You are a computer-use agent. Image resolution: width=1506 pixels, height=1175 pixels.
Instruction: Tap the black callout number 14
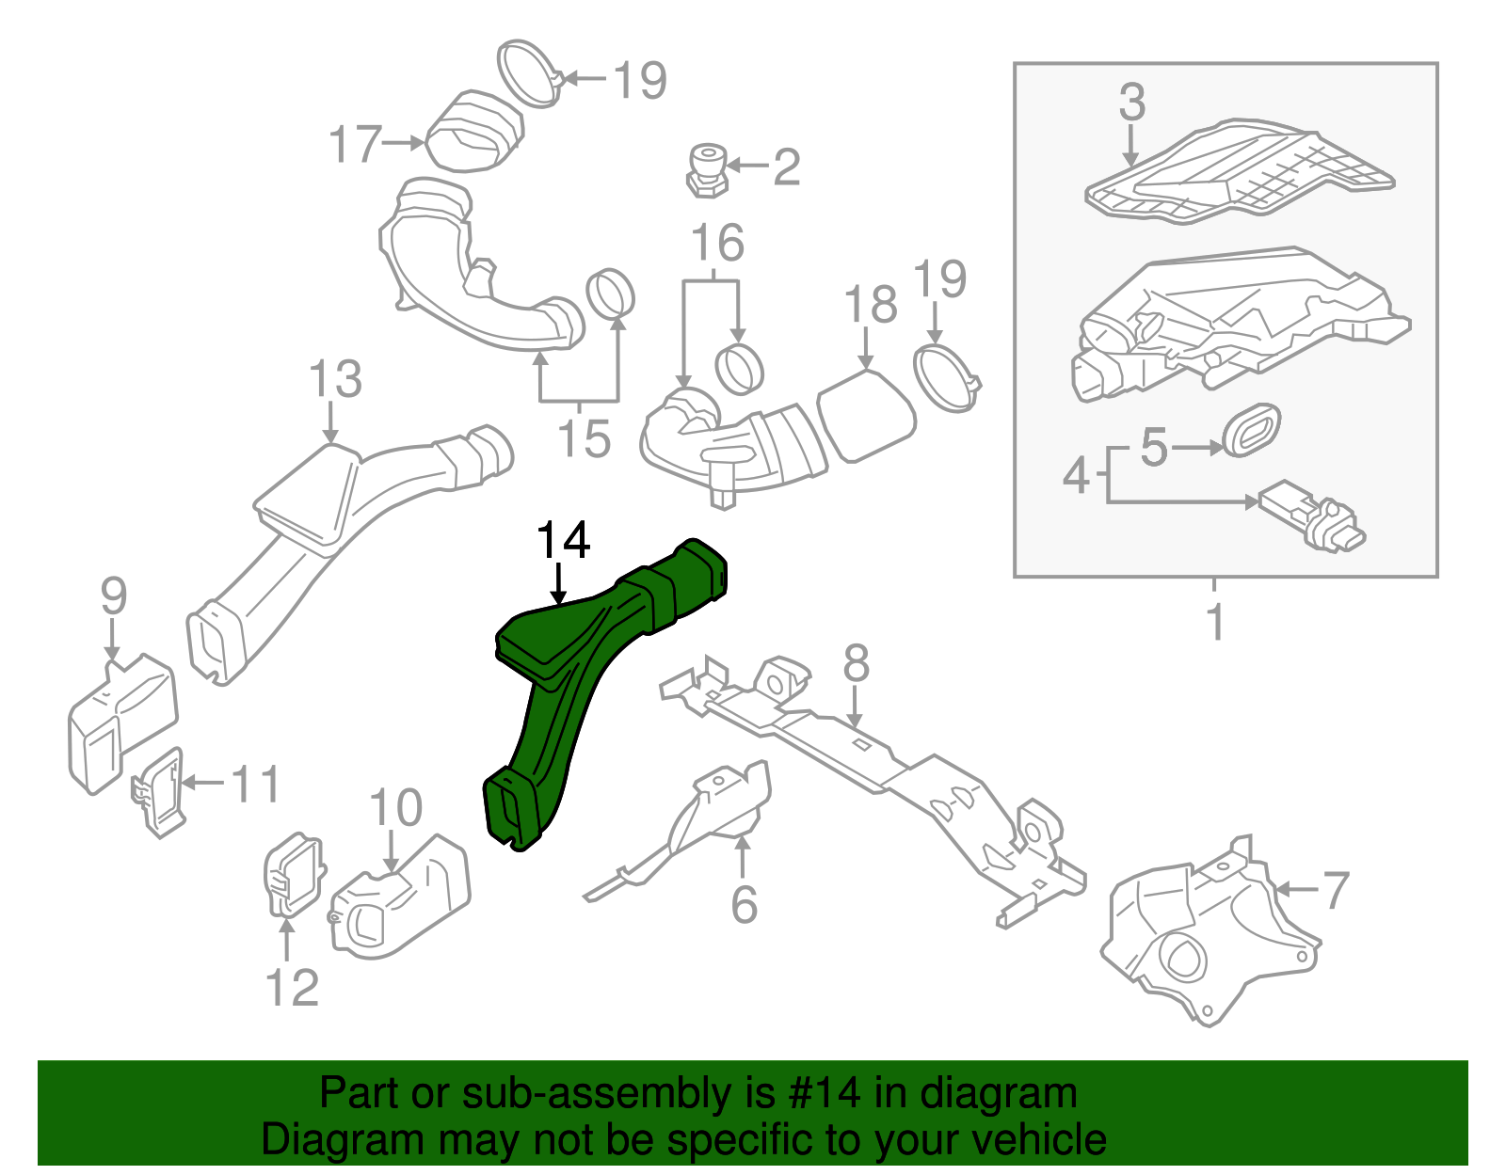[x=563, y=541]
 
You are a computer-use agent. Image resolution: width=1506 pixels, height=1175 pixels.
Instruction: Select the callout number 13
[x=335, y=379]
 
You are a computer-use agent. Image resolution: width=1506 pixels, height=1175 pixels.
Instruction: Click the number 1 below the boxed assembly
[x=1215, y=622]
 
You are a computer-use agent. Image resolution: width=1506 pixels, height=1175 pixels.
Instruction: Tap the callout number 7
[x=1336, y=890]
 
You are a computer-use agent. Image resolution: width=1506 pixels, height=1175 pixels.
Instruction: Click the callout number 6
[x=744, y=904]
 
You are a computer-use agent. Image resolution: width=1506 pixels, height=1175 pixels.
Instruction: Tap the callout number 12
[x=292, y=987]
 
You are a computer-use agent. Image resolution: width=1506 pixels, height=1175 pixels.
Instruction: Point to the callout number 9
[x=113, y=596]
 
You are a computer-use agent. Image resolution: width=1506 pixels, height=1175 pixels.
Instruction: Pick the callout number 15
[x=584, y=437]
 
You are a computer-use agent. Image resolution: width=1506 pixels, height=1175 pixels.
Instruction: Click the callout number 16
[x=717, y=243]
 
